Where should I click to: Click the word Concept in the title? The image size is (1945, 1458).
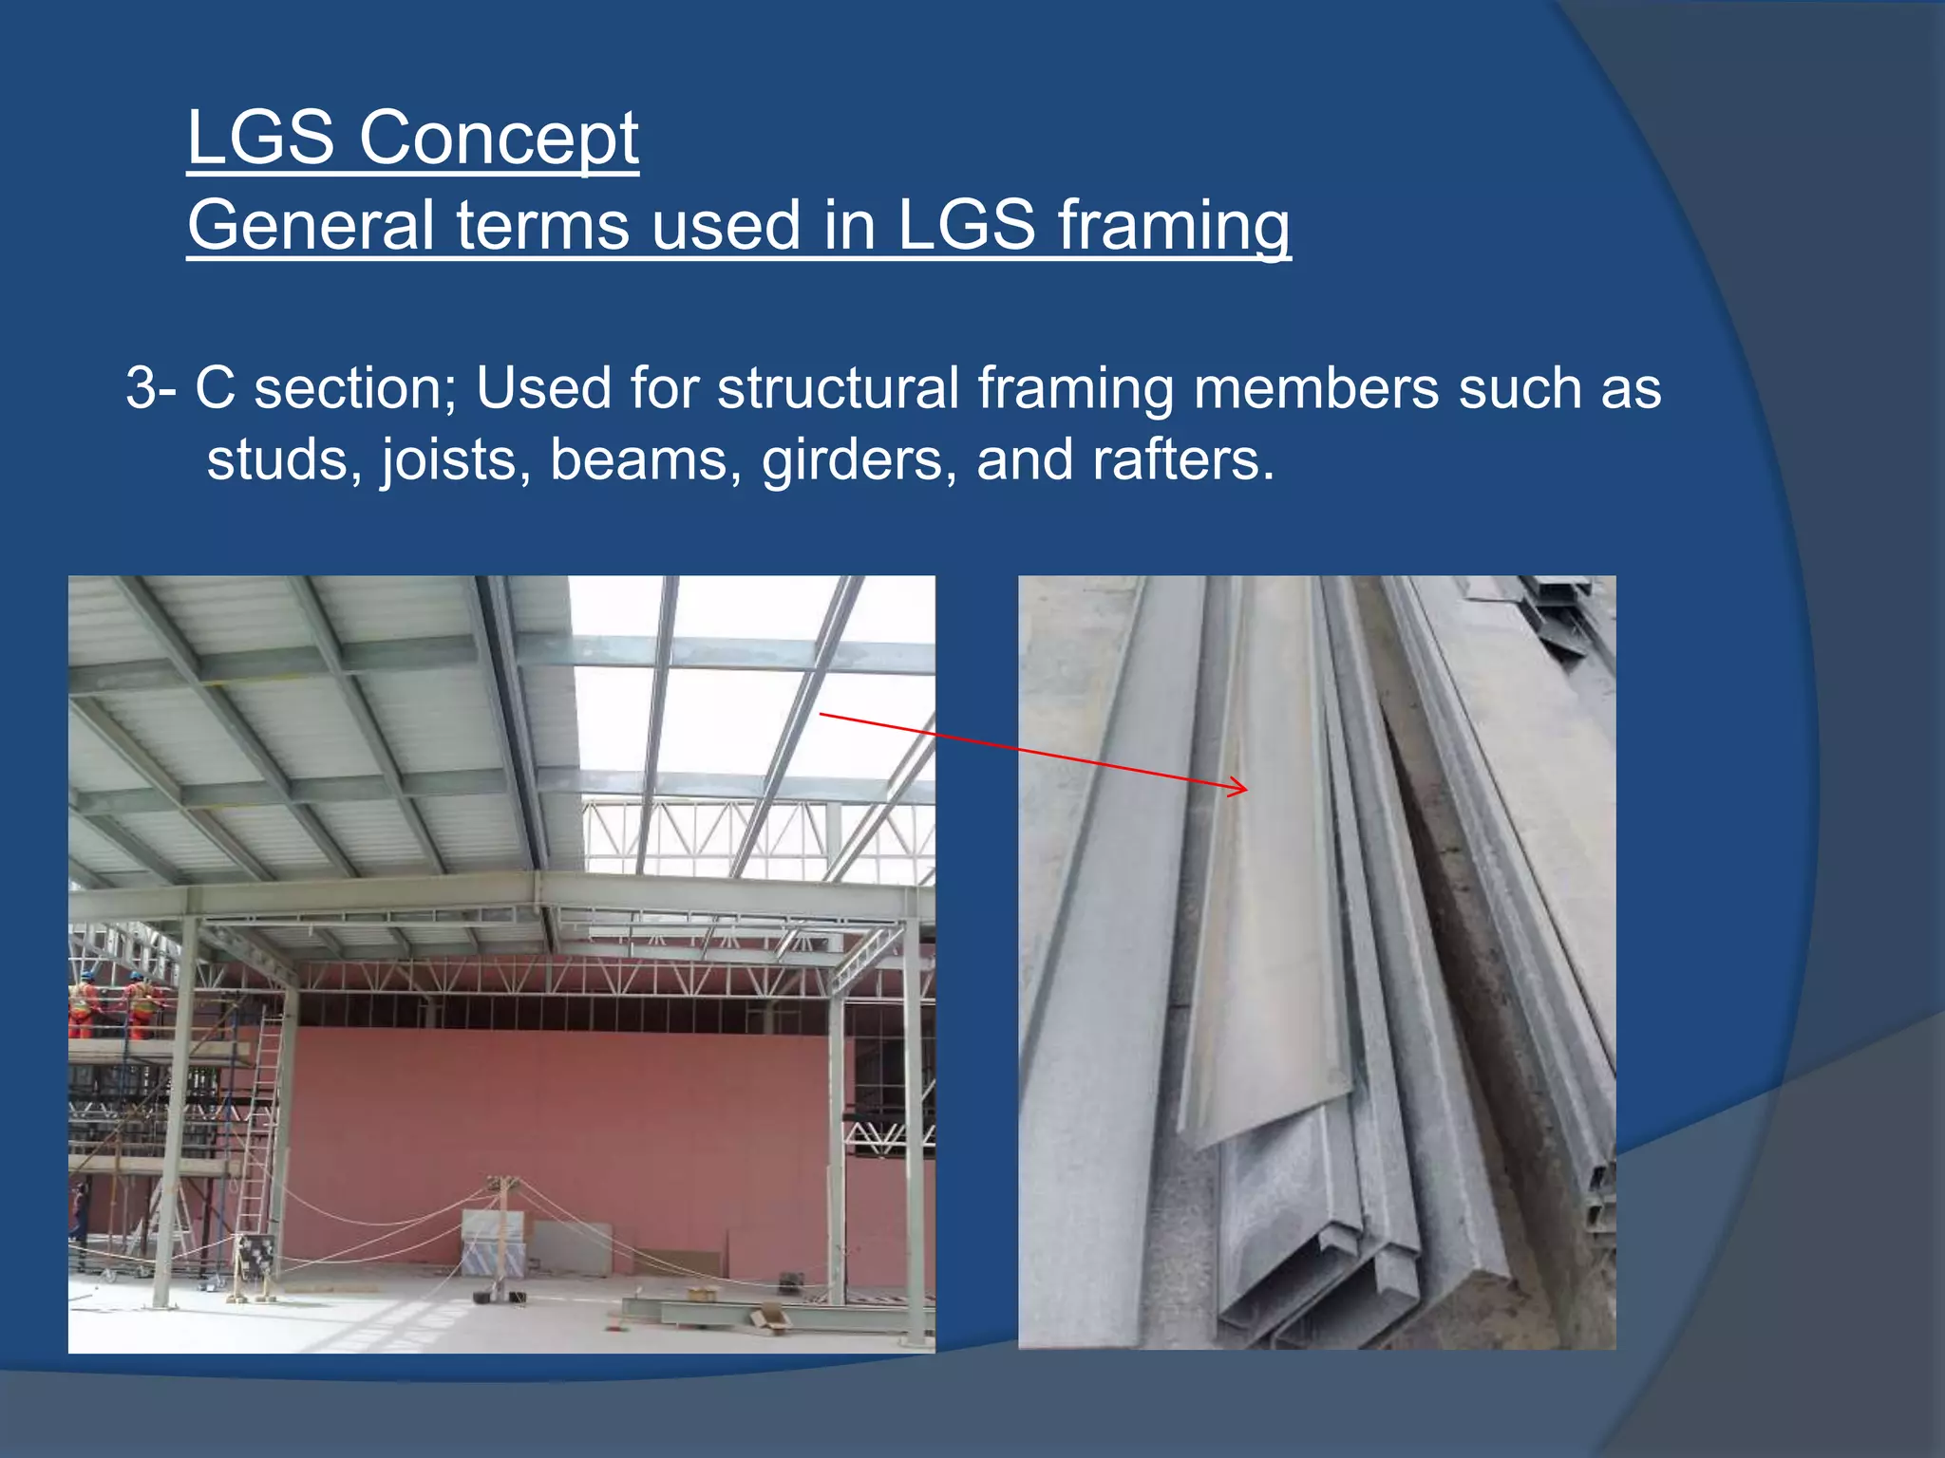[498, 139]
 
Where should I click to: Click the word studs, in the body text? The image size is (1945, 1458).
[284, 460]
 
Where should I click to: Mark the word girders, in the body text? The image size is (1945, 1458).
[859, 460]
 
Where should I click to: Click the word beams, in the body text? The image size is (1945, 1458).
[646, 460]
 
